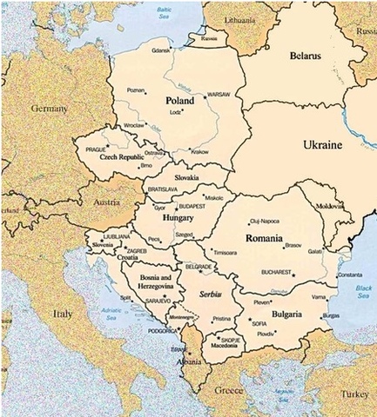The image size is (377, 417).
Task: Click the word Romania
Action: tap(264, 238)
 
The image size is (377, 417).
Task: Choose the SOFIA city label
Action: tap(259, 323)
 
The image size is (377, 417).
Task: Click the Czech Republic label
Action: tap(120, 158)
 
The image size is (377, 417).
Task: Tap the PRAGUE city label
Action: tap(96, 149)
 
